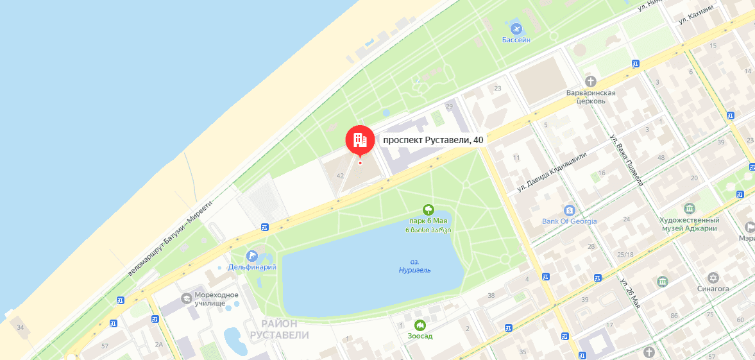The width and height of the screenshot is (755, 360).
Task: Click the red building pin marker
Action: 360,139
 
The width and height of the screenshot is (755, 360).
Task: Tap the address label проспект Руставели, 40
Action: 433,140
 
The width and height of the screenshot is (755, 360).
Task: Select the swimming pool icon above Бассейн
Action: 516,28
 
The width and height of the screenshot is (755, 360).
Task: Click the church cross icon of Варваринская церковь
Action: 590,81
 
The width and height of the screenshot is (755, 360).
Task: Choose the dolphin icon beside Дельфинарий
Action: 251,255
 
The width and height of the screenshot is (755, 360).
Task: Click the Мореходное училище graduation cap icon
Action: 186,298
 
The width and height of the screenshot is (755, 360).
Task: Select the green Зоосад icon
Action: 420,325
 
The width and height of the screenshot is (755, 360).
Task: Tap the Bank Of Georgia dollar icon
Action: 569,210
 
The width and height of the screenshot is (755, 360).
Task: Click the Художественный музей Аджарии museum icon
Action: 690,209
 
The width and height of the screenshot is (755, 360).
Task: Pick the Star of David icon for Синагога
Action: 713,278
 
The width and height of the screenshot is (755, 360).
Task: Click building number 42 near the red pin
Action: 340,176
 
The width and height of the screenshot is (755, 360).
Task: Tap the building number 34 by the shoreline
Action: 21,328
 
